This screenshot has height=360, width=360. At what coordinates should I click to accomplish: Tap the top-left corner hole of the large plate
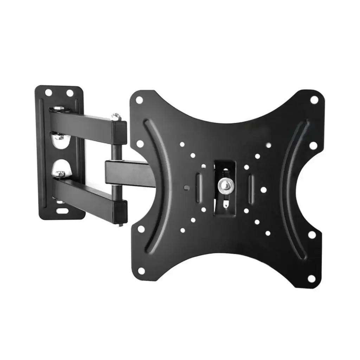point(139,100)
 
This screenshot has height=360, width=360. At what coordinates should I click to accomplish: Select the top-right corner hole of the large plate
point(314,99)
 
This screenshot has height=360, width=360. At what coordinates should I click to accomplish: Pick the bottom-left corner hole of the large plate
point(141,271)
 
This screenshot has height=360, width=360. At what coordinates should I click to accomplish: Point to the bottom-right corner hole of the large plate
point(311,278)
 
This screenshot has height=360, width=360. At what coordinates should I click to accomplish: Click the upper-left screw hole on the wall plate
point(48,92)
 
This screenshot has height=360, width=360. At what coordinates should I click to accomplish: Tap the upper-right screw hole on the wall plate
point(70,93)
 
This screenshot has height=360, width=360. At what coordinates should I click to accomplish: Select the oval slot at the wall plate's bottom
point(63,211)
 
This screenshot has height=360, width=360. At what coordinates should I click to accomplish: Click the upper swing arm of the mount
point(84,123)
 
